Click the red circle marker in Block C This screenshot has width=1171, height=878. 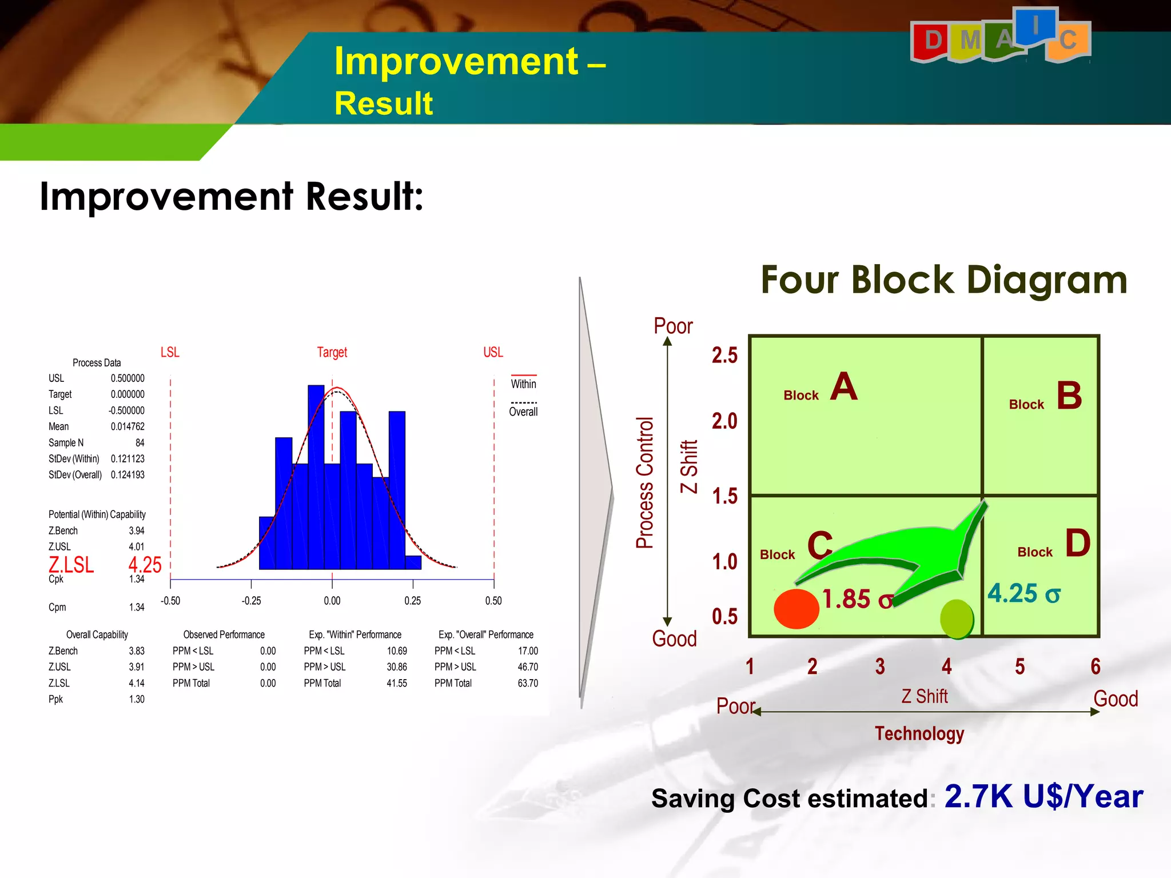796,609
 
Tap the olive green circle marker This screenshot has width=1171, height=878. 956,618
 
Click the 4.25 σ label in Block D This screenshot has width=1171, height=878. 1023,593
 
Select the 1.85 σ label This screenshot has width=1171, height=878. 857,599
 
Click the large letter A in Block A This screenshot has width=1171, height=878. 843,387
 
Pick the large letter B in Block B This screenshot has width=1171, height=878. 1069,396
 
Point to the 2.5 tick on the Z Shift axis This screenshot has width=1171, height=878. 724,356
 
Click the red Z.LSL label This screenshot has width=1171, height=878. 71,565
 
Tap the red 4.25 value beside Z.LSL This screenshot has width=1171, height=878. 145,565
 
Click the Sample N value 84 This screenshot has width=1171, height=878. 140,443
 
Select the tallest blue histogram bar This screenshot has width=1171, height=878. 316,477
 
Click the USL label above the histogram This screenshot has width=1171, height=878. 493,352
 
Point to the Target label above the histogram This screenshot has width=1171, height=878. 332,352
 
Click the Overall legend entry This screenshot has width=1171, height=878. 523,412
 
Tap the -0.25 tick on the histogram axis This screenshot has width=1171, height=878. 251,601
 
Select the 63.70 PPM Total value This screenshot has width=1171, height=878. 527,683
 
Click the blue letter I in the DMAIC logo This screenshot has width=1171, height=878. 1035,26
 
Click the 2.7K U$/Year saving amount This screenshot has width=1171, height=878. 1043,796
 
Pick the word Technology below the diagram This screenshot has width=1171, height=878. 919,733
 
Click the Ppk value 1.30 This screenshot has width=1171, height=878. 137,699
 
